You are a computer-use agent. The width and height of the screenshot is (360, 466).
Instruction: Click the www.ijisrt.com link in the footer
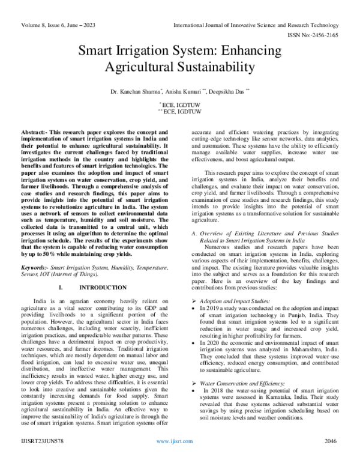(x=174, y=457)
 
